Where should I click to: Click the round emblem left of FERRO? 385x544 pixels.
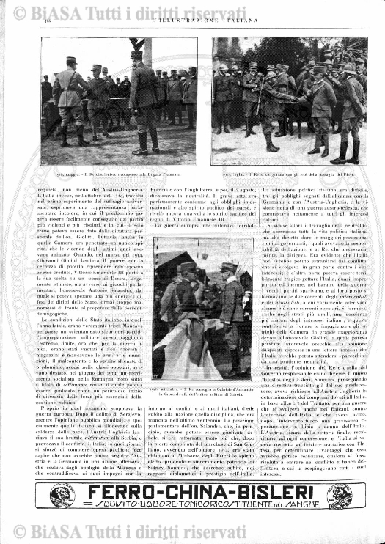[62, 496]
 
